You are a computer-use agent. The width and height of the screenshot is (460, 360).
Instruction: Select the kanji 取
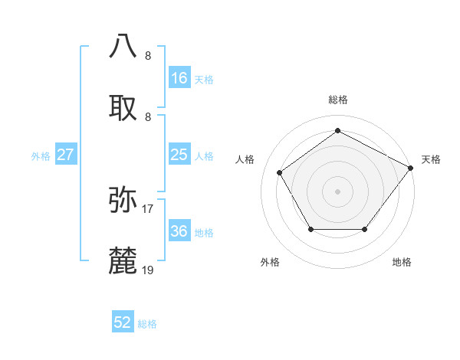tap(123, 106)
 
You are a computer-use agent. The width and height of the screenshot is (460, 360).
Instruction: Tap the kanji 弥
tap(123, 198)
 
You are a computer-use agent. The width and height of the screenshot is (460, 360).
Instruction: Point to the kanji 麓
tap(123, 260)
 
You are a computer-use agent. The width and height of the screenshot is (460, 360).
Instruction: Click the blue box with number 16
tap(179, 78)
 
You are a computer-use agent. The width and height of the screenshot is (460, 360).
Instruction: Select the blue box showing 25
tap(179, 155)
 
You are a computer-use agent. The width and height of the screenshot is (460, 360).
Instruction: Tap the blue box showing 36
tap(179, 231)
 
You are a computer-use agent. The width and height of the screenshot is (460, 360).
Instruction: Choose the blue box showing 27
tap(65, 155)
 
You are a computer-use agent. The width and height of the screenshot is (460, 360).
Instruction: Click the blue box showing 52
tap(123, 322)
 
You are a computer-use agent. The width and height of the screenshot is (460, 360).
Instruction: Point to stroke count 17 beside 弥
tap(148, 208)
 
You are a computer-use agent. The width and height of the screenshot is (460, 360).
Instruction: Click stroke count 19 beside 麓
tap(148, 270)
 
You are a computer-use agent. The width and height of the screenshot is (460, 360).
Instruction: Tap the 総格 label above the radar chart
tap(337, 100)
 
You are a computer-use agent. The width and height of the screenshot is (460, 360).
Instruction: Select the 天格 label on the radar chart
tap(431, 159)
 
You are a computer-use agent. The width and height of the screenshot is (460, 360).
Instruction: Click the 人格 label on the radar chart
tap(245, 159)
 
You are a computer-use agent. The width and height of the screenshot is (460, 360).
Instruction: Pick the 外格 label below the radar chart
tap(270, 262)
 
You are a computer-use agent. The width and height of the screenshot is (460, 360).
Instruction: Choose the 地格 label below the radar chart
tap(402, 262)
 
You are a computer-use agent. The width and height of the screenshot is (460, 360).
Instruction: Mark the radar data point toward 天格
tap(411, 167)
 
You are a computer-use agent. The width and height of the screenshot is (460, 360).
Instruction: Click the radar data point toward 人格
tap(281, 172)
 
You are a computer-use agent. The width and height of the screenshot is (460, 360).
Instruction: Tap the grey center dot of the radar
tap(337, 191)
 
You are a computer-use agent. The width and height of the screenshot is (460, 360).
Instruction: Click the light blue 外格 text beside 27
tap(41, 155)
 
